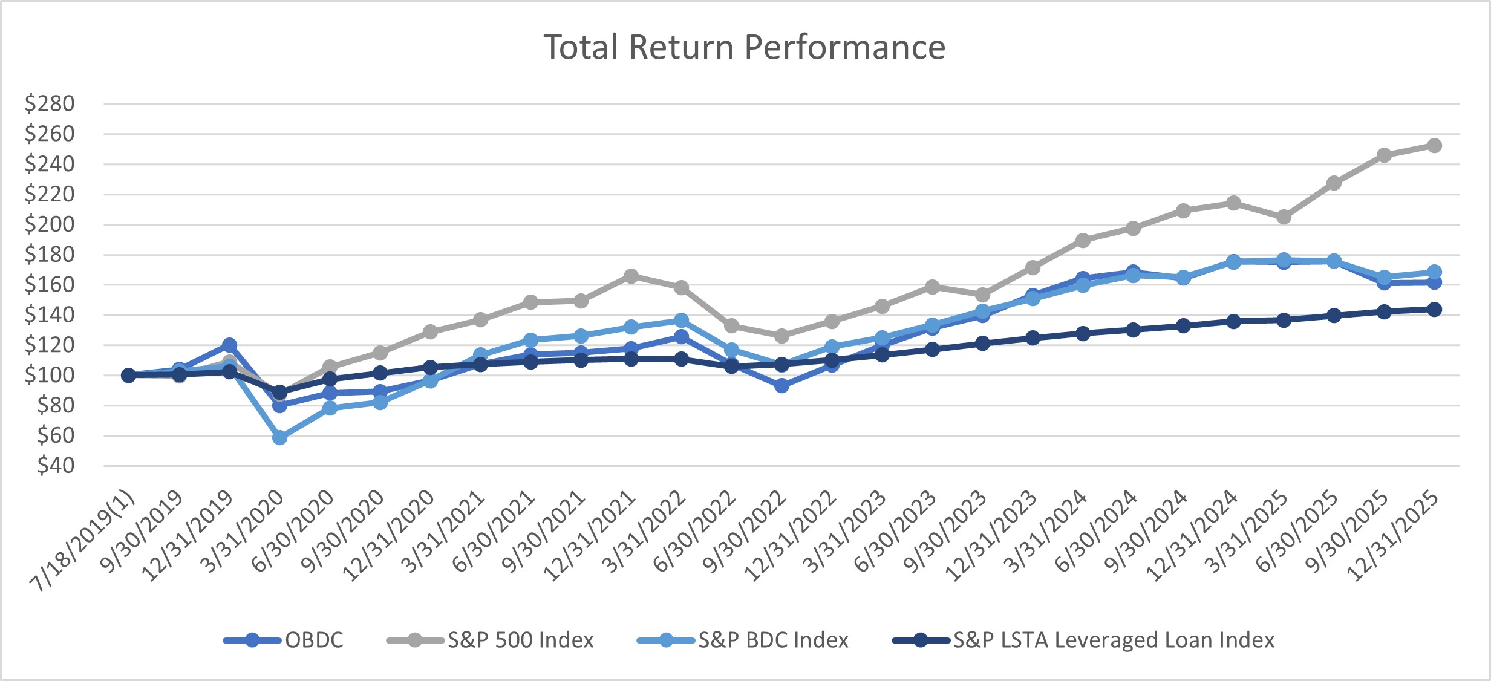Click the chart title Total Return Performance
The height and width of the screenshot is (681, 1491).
coord(744,47)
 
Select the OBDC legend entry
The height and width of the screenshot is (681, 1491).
coord(313,640)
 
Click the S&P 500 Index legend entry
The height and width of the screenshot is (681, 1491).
coord(520,640)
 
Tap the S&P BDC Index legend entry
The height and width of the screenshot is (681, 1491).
coord(773,640)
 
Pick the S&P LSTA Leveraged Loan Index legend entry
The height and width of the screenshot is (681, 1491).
coord(1114,640)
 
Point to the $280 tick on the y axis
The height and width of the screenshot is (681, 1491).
coord(50,103)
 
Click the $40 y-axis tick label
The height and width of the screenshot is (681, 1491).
coord(56,466)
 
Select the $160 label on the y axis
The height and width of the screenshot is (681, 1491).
coord(50,284)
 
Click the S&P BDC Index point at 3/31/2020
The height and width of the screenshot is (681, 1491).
coord(279,437)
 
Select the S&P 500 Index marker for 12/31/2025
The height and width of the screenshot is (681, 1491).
coord(1434,146)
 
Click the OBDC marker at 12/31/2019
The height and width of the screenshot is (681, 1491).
coord(229,345)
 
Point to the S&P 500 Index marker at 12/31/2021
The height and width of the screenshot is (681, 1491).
coord(631,276)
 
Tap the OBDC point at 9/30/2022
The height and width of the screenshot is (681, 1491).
coord(781,385)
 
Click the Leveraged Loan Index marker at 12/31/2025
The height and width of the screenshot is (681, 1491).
coord(1434,309)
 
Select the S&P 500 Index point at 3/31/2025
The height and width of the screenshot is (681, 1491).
coord(1284,217)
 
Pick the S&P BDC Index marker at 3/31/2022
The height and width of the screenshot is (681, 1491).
coord(681,320)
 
